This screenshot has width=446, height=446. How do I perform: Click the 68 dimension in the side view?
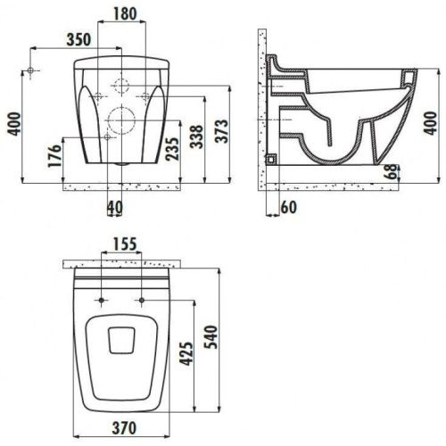coord(390,172)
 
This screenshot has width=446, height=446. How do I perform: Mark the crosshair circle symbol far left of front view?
coord(31,70)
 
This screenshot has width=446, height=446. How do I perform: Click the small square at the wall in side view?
coord(271,158)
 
